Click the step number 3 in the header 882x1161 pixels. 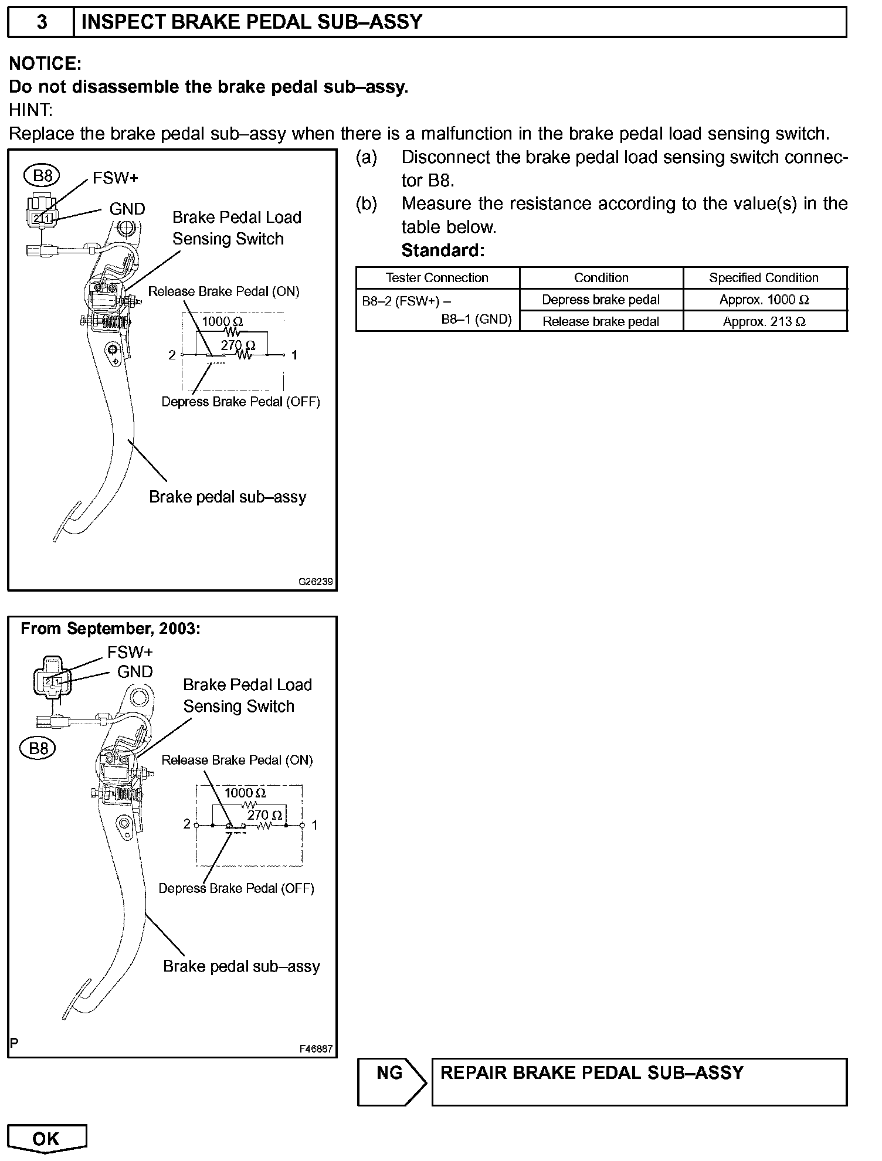pyautogui.click(x=42, y=22)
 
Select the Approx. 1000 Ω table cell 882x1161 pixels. pyautogui.click(x=764, y=300)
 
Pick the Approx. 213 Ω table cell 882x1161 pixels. pyautogui.click(x=764, y=321)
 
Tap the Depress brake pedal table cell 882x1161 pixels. pyautogui.click(x=601, y=300)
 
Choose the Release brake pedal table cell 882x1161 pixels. pyautogui.click(x=601, y=321)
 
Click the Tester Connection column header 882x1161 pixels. pyautogui.click(x=437, y=278)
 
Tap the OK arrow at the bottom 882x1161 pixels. pyautogui.click(x=46, y=1139)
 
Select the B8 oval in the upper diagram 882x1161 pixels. pyautogui.click(x=43, y=175)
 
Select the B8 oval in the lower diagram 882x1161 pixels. pyautogui.click(x=38, y=748)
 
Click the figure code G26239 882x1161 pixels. pyautogui.click(x=316, y=582)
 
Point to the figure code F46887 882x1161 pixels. pyautogui.click(x=316, y=1049)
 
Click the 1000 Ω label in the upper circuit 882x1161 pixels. pyautogui.click(x=222, y=321)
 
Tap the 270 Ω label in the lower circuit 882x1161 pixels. pyautogui.click(x=264, y=815)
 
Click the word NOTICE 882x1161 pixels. pyautogui.click(x=45, y=63)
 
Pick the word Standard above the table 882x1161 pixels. pyautogui.click(x=443, y=250)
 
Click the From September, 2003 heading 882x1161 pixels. pyautogui.click(x=110, y=629)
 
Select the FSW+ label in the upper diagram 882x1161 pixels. pyautogui.click(x=116, y=178)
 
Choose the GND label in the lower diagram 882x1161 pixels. pyautogui.click(x=135, y=672)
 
